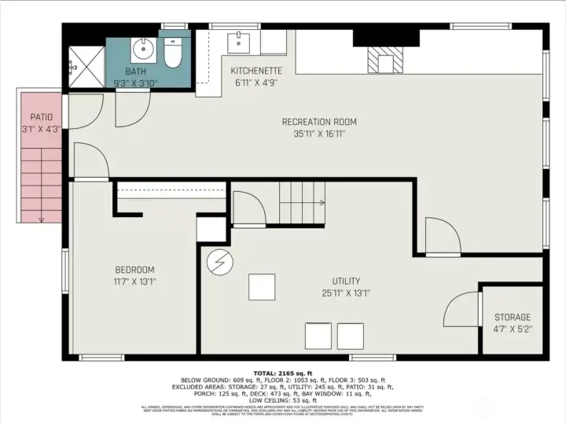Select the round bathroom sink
tap(143, 51)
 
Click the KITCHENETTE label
tap(255, 71)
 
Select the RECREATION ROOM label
tap(319, 122)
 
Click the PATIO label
tap(41, 117)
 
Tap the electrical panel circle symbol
tap(217, 262)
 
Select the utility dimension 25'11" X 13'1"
tap(346, 293)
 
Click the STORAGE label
tap(512, 317)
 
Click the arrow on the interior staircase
tap(321, 203)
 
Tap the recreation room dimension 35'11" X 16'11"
tap(319, 134)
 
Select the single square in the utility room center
tap(262, 286)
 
